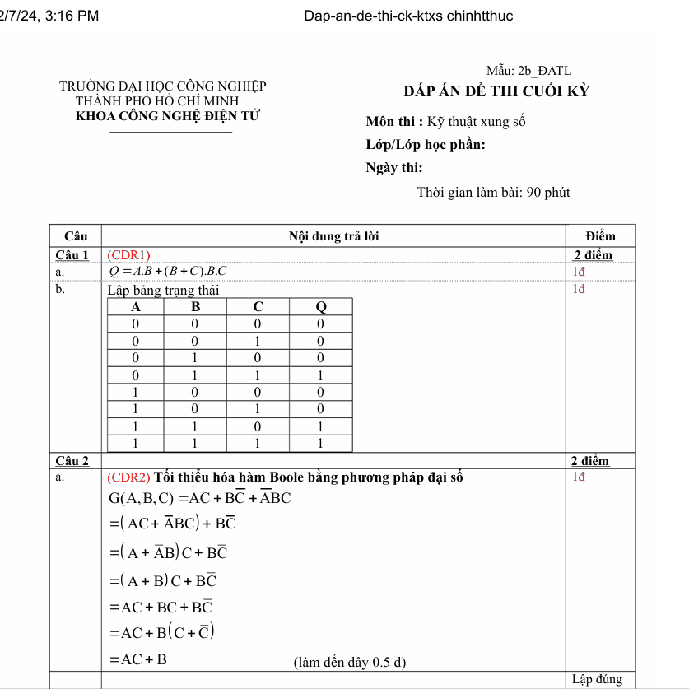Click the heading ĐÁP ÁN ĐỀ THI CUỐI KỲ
click(x=496, y=91)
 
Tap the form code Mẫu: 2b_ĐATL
click(x=528, y=72)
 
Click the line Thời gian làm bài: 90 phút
click(x=493, y=193)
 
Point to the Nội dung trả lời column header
click(x=334, y=236)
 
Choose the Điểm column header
click(x=600, y=236)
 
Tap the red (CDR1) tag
click(x=129, y=254)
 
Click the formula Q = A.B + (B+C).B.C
click(x=169, y=272)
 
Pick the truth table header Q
click(x=321, y=307)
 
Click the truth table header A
click(x=137, y=307)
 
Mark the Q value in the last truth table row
click(x=321, y=444)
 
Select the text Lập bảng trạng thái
click(x=163, y=290)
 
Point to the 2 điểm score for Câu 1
click(x=593, y=254)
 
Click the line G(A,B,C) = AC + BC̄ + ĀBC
click(x=200, y=498)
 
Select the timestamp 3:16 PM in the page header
click(x=72, y=16)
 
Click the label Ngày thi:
click(x=393, y=168)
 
